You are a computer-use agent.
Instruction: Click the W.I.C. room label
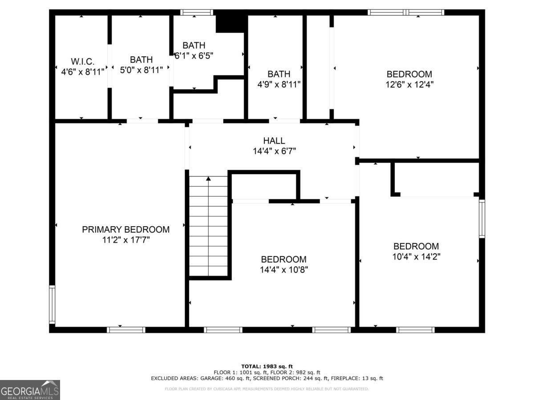tap(82, 61)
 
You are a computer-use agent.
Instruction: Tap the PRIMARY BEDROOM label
tap(125, 229)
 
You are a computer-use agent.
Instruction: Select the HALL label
tap(274, 140)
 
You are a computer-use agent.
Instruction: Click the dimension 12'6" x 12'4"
tap(409, 84)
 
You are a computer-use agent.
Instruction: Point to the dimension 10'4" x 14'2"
tap(416, 256)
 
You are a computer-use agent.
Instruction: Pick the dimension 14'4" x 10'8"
tap(283, 269)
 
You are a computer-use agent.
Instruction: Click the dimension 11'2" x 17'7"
tap(125, 240)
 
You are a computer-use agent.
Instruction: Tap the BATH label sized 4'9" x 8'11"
tap(279, 74)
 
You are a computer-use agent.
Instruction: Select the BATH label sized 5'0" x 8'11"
tap(141, 60)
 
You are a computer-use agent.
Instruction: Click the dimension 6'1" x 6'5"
tap(194, 56)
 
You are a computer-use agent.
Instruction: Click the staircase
tap(208, 227)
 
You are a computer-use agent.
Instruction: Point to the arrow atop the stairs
tap(208, 179)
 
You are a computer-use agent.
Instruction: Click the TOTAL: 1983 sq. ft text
tap(267, 366)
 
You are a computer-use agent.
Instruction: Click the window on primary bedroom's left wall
tap(52, 304)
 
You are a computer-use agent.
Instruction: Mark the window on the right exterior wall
tap(481, 219)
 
